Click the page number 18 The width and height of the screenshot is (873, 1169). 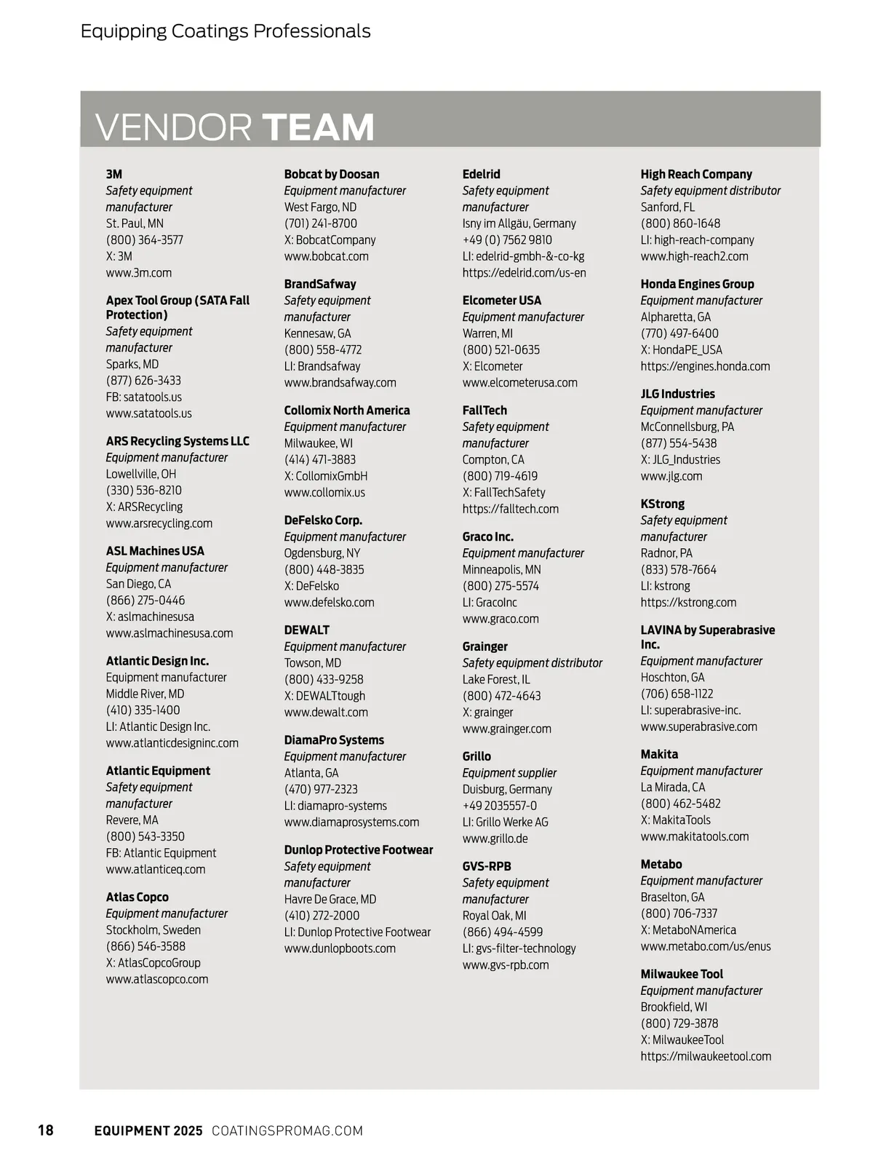(x=46, y=1130)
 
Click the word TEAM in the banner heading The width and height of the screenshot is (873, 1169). (x=318, y=127)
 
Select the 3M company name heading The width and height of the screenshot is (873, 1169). (x=114, y=174)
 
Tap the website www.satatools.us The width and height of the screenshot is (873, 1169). (x=149, y=413)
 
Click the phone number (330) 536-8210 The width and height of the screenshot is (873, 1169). (x=144, y=491)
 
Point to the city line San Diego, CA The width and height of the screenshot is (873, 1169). (x=138, y=584)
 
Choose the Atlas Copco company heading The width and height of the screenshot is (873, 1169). (x=137, y=897)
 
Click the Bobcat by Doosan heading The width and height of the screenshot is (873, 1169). (x=332, y=174)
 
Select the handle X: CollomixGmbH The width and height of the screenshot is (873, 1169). (x=326, y=476)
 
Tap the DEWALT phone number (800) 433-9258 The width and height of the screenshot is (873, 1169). (x=324, y=679)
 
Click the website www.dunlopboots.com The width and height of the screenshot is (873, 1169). (x=340, y=948)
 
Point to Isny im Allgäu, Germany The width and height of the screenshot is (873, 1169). (x=519, y=223)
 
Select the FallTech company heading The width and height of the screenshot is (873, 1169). (x=485, y=411)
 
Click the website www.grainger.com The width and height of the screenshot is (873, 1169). (x=507, y=729)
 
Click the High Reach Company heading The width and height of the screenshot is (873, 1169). (x=696, y=174)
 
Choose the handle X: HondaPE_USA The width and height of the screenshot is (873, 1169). (x=682, y=350)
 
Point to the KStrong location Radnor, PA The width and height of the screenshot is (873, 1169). (x=666, y=553)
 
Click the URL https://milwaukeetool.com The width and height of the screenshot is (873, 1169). (x=706, y=1056)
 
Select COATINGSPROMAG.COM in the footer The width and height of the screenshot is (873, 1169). (x=287, y=1130)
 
